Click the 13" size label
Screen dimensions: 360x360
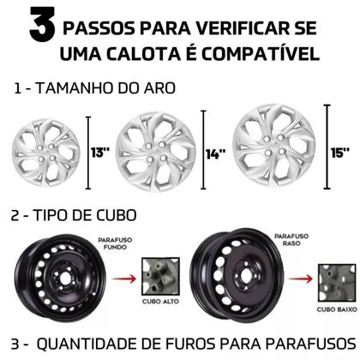(100, 153)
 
